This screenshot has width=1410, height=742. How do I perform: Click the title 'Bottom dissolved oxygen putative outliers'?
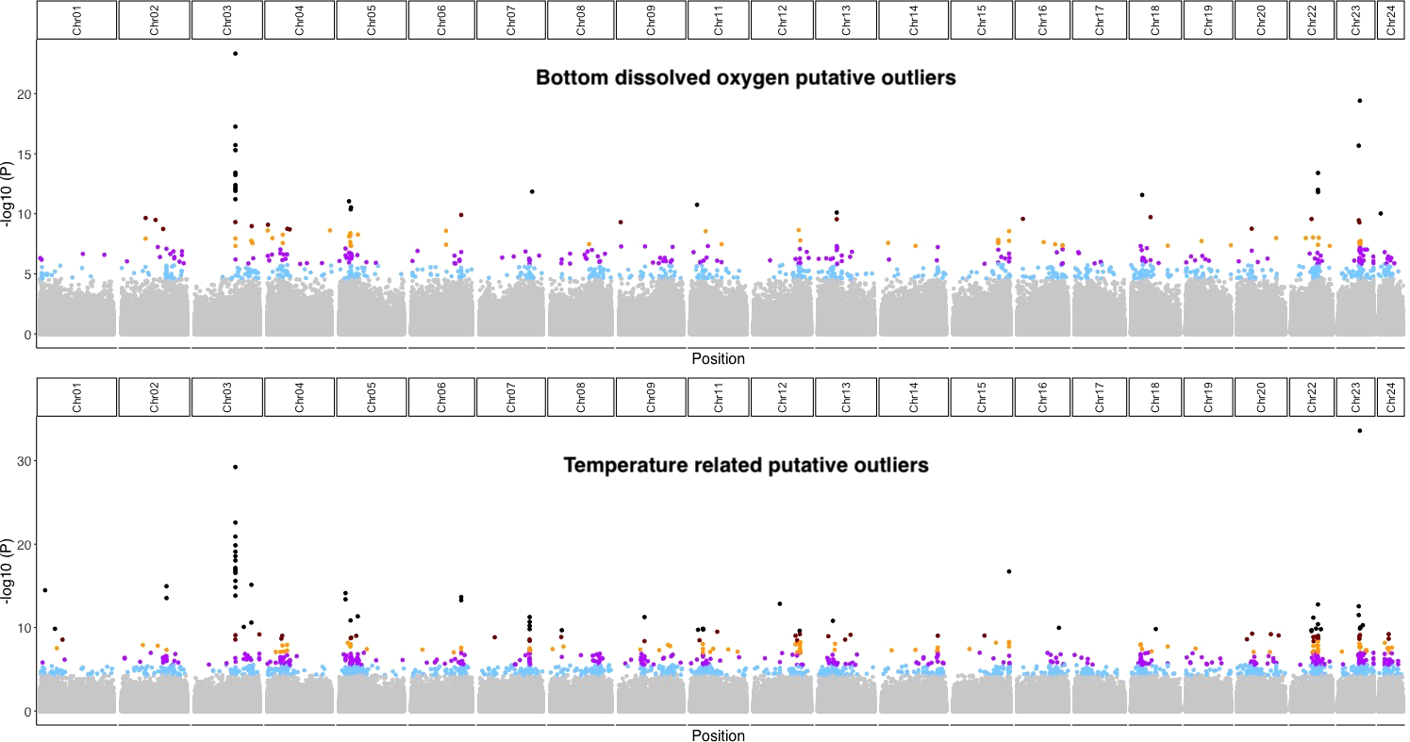745,78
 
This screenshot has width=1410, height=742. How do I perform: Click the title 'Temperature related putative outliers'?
745,465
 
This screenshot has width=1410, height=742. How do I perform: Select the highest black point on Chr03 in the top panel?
235,54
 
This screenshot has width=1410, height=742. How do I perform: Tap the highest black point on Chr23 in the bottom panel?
1359,431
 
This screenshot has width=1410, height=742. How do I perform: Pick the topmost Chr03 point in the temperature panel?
235,467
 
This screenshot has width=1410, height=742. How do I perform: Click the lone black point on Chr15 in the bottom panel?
1009,571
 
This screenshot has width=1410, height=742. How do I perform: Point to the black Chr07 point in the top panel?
532,192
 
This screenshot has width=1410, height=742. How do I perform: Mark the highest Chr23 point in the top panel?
1359,101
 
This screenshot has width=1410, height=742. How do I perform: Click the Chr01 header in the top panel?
76,21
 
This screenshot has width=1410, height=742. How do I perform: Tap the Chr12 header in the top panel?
782,21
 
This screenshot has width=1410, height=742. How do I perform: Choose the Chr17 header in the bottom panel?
1099,397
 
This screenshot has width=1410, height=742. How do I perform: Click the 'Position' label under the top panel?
718,359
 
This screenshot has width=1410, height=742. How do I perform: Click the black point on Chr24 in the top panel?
1381,214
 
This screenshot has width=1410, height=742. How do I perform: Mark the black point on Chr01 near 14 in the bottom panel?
44,590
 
